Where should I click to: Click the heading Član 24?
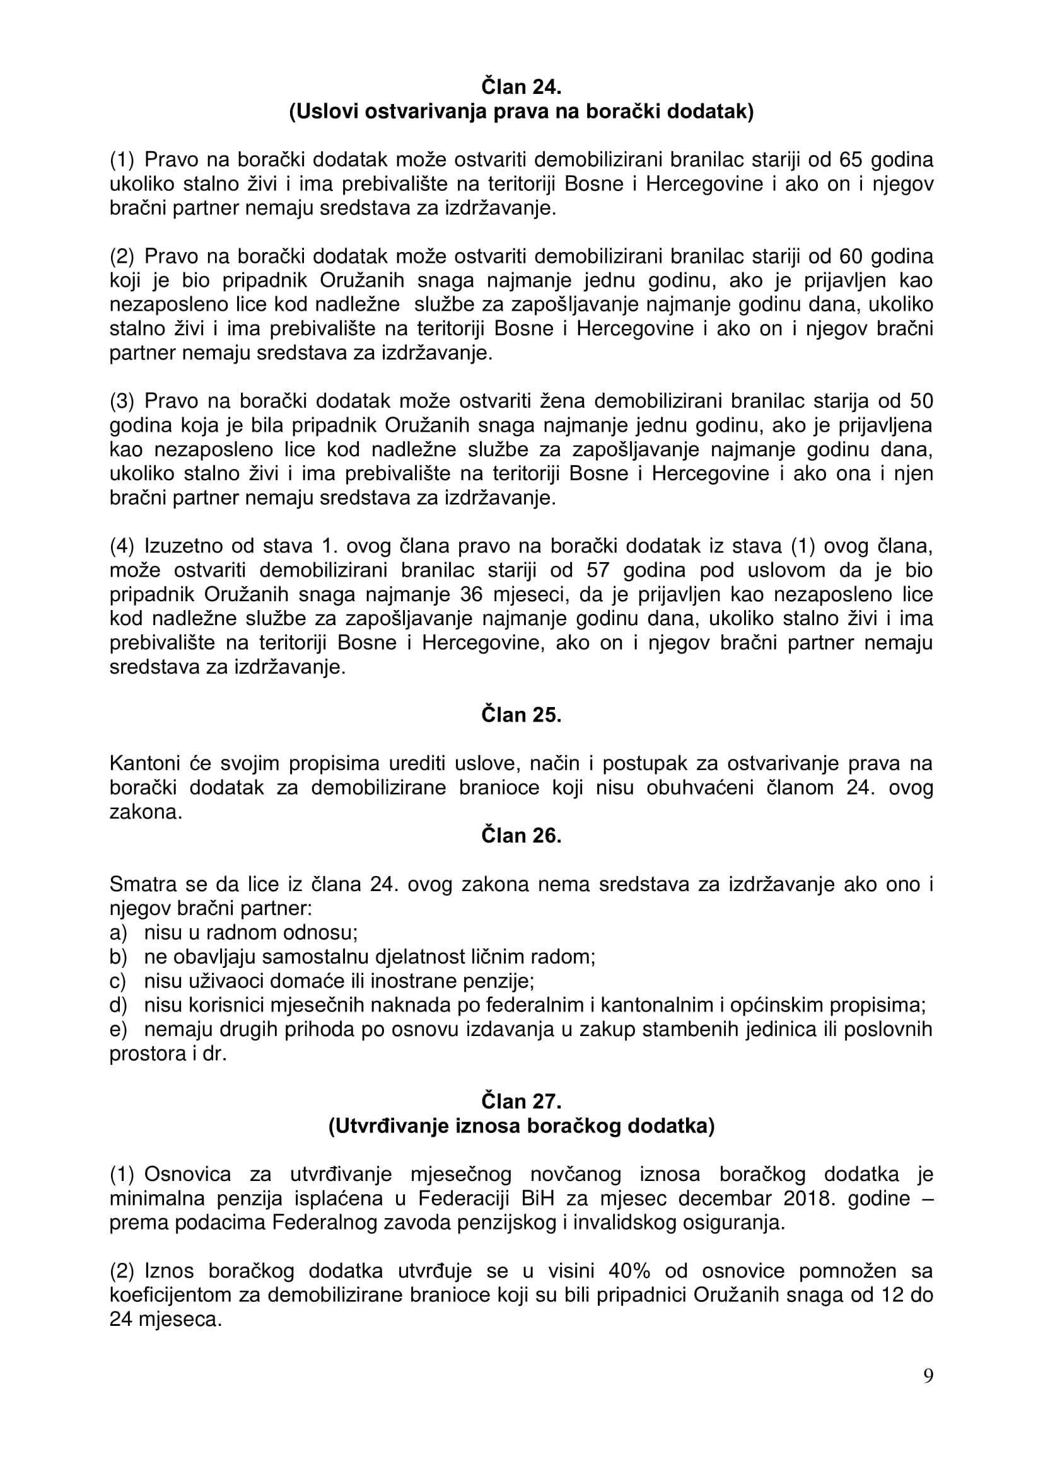(521, 86)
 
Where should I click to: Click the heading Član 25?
(521, 715)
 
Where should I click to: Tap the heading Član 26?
(521, 836)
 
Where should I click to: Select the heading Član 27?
(521, 1102)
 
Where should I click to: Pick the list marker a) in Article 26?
(118, 933)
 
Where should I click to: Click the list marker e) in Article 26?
(118, 1030)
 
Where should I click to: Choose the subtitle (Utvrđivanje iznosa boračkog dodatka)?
(521, 1127)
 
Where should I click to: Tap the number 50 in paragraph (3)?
(920, 401)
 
